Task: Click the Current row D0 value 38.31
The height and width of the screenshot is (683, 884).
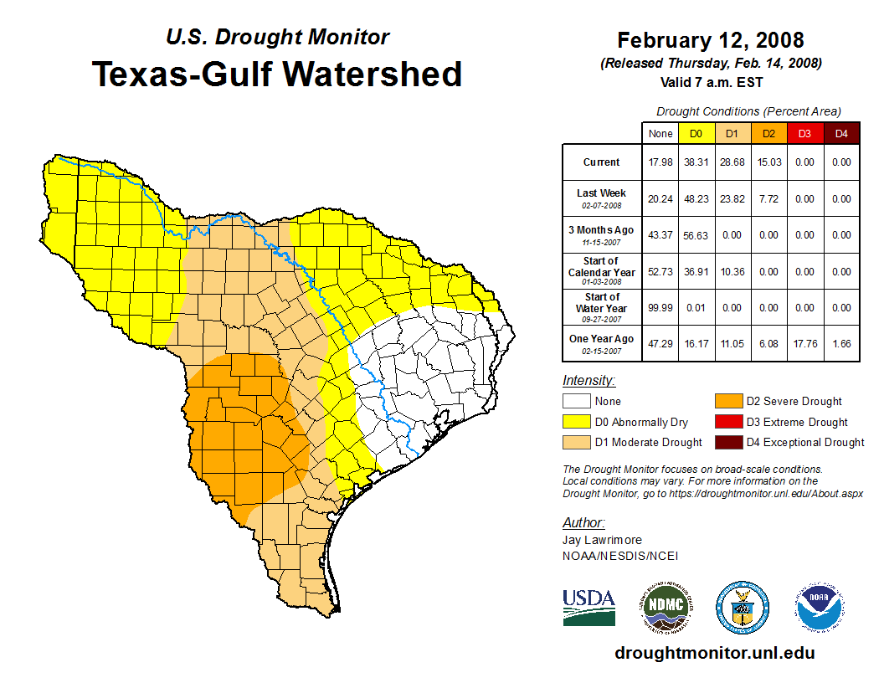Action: coord(696,162)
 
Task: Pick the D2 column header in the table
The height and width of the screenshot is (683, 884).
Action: coord(768,133)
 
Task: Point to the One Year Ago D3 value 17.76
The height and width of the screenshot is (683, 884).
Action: coord(804,343)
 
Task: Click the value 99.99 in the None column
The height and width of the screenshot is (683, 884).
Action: coord(660,307)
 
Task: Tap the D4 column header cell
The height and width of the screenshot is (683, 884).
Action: coord(841,133)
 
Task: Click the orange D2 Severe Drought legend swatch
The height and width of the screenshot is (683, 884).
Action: coord(727,401)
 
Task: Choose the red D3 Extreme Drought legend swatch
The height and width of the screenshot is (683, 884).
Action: coord(727,422)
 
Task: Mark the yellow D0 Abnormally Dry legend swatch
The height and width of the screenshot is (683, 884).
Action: coord(576,422)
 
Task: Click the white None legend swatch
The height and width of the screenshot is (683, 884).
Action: coord(576,401)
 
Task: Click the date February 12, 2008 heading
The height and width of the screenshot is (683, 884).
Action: coord(710,40)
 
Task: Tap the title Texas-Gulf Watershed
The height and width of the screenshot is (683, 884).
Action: coord(277,74)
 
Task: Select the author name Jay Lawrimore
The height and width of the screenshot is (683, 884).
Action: coord(602,541)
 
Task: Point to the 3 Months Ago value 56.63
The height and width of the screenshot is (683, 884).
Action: coord(696,235)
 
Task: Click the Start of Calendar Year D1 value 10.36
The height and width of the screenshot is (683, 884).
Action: coord(732,271)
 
